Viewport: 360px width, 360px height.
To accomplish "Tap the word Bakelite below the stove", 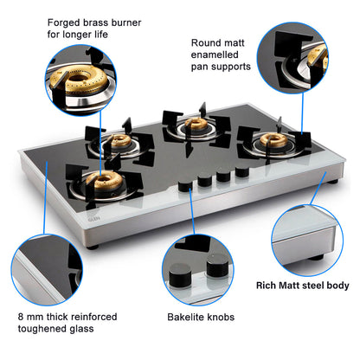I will tap(186, 318).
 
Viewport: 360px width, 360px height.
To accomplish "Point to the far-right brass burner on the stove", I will tap(276, 143).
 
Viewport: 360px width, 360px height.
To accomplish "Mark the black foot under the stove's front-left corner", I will tap(93, 245).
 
